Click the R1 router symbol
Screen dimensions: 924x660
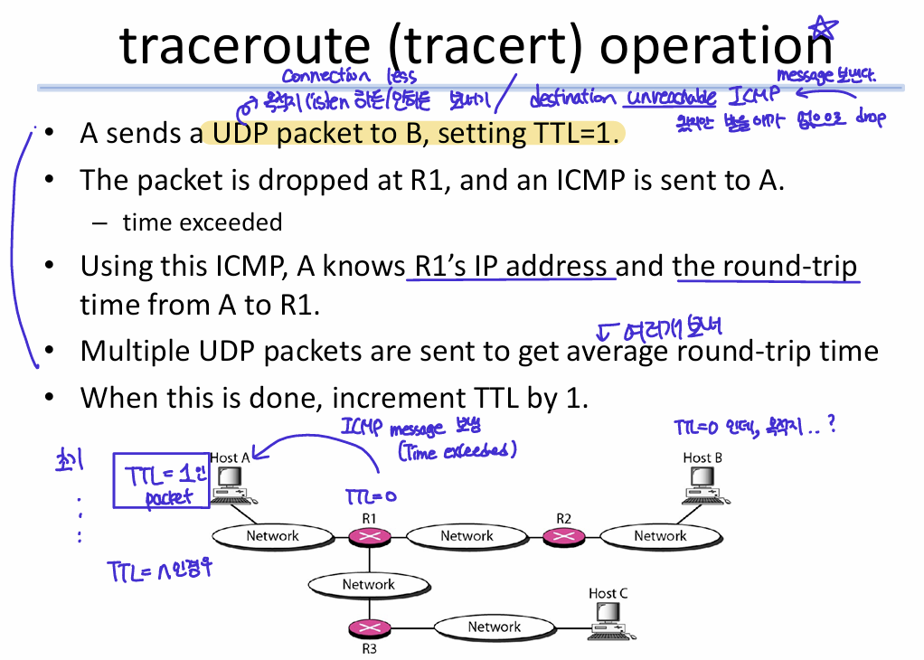368,536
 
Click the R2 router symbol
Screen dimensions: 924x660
563,536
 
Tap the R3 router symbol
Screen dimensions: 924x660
368,627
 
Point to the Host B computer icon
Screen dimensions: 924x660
702,485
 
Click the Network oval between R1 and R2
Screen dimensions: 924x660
467,536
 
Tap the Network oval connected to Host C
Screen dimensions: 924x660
494,627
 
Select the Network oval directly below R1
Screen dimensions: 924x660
368,584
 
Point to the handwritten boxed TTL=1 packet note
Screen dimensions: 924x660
161,482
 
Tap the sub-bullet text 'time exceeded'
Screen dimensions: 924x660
203,222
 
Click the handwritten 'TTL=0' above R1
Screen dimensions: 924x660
371,496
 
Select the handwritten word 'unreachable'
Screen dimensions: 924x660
670,98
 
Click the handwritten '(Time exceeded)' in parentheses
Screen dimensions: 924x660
457,450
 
